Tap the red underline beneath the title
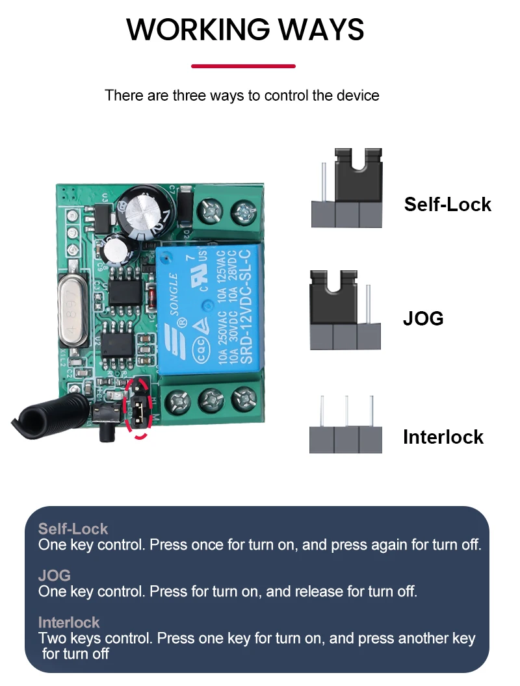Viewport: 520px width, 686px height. pos(243,66)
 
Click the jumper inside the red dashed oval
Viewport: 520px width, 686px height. pos(138,409)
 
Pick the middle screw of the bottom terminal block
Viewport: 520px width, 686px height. pos(211,399)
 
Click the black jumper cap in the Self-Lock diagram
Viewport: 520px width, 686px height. pos(357,175)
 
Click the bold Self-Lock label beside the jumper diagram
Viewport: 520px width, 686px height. pos(447,204)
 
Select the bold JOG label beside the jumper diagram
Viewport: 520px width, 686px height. pos(423,318)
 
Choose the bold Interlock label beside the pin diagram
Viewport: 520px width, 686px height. pos(443,437)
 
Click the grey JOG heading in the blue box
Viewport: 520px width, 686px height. pos(54,576)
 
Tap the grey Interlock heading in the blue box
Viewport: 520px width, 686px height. pos(69,622)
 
